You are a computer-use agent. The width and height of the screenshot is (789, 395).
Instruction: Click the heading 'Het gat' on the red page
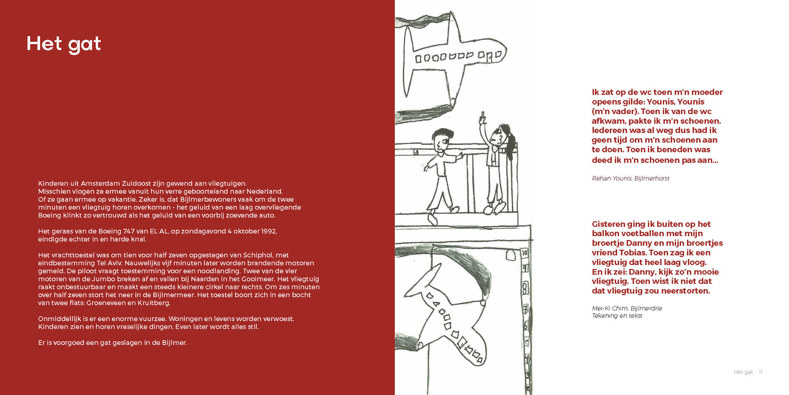64,44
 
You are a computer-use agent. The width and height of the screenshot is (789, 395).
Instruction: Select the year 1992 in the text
269,231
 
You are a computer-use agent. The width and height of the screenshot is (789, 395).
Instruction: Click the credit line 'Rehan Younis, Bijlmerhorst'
630,178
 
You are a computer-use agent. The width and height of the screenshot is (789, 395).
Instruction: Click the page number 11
761,372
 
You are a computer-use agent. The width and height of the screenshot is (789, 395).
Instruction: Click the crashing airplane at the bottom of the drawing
450,317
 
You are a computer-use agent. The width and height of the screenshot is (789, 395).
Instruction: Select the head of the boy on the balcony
441,139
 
